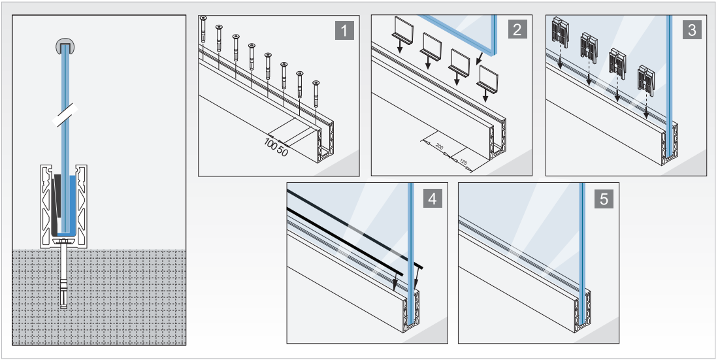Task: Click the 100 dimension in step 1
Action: pyautogui.click(x=270, y=142)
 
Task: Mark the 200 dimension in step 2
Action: pyautogui.click(x=439, y=148)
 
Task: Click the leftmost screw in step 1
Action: pyautogui.click(x=203, y=29)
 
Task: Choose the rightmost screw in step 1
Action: pyautogui.click(x=316, y=93)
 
